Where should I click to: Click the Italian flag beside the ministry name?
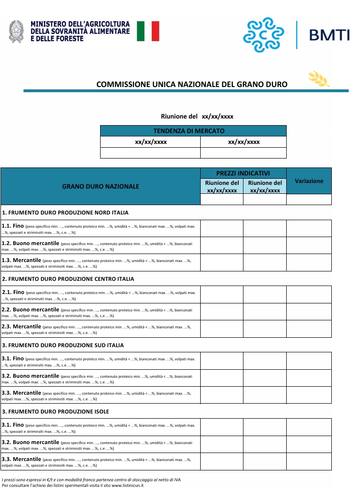tap(148, 31)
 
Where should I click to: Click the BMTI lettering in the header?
tap(329, 35)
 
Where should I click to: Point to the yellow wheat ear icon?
tap(319, 79)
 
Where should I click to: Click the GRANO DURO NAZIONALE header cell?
tap(101, 186)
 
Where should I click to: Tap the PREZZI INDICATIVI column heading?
tap(243, 173)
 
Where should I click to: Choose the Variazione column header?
tap(309, 181)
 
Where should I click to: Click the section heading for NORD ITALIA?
tap(65, 213)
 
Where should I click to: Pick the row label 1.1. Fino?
tap(13, 226)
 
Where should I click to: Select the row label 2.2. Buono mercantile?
tap(31, 310)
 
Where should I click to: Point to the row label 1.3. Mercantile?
tap(22, 260)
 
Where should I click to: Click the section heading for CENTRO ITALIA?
tap(68, 279)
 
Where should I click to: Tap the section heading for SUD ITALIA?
tap(63, 345)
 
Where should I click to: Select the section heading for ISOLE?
tap(55, 412)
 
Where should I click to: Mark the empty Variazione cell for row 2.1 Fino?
tap(309, 294)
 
